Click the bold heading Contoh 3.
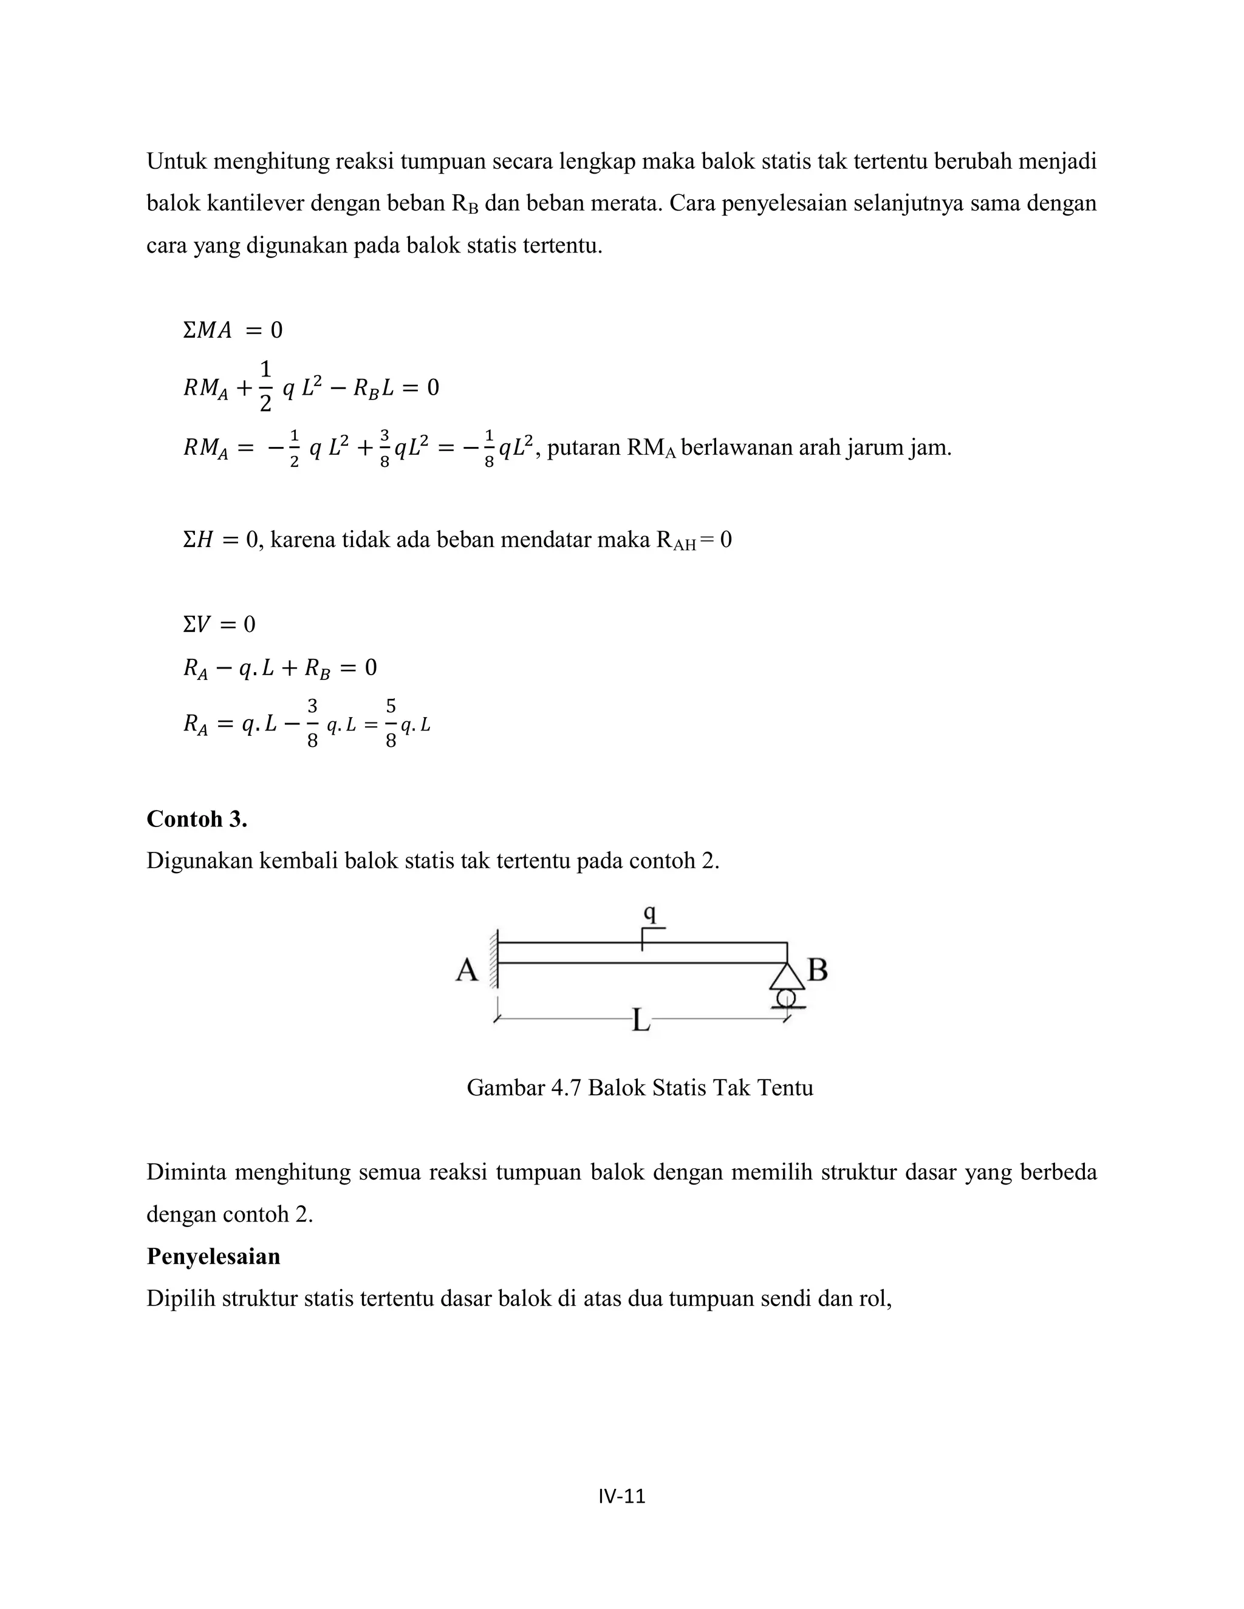pos(197,818)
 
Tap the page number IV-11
pos(622,1495)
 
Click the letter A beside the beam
pos(466,970)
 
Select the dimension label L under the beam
pos(641,1021)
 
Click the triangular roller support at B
pos(787,978)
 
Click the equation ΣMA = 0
pos(232,330)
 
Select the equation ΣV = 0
pos(219,625)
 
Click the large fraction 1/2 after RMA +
pos(265,386)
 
